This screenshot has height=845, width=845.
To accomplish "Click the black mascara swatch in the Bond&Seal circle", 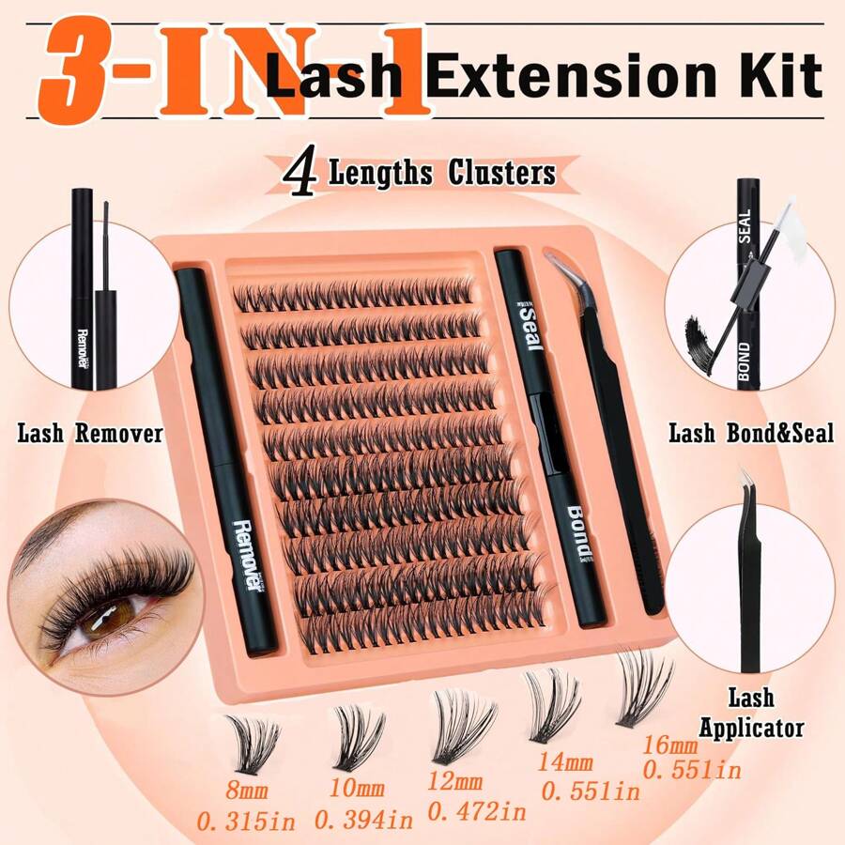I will pyautogui.click(x=699, y=333).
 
